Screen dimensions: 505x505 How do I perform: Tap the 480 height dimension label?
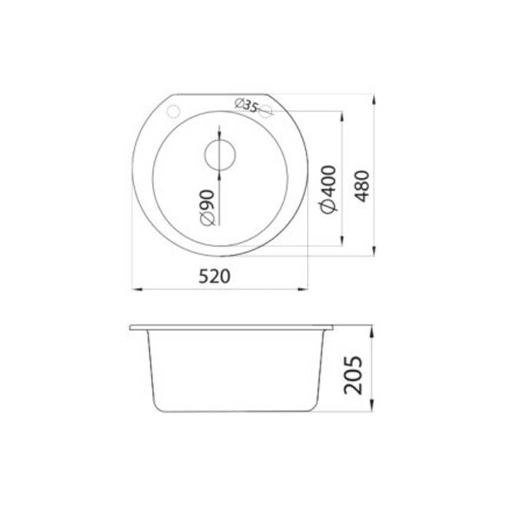363,186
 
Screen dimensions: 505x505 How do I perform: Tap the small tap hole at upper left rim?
173,111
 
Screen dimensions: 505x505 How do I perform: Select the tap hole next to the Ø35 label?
265,112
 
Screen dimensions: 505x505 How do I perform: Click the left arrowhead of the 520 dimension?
137,289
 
